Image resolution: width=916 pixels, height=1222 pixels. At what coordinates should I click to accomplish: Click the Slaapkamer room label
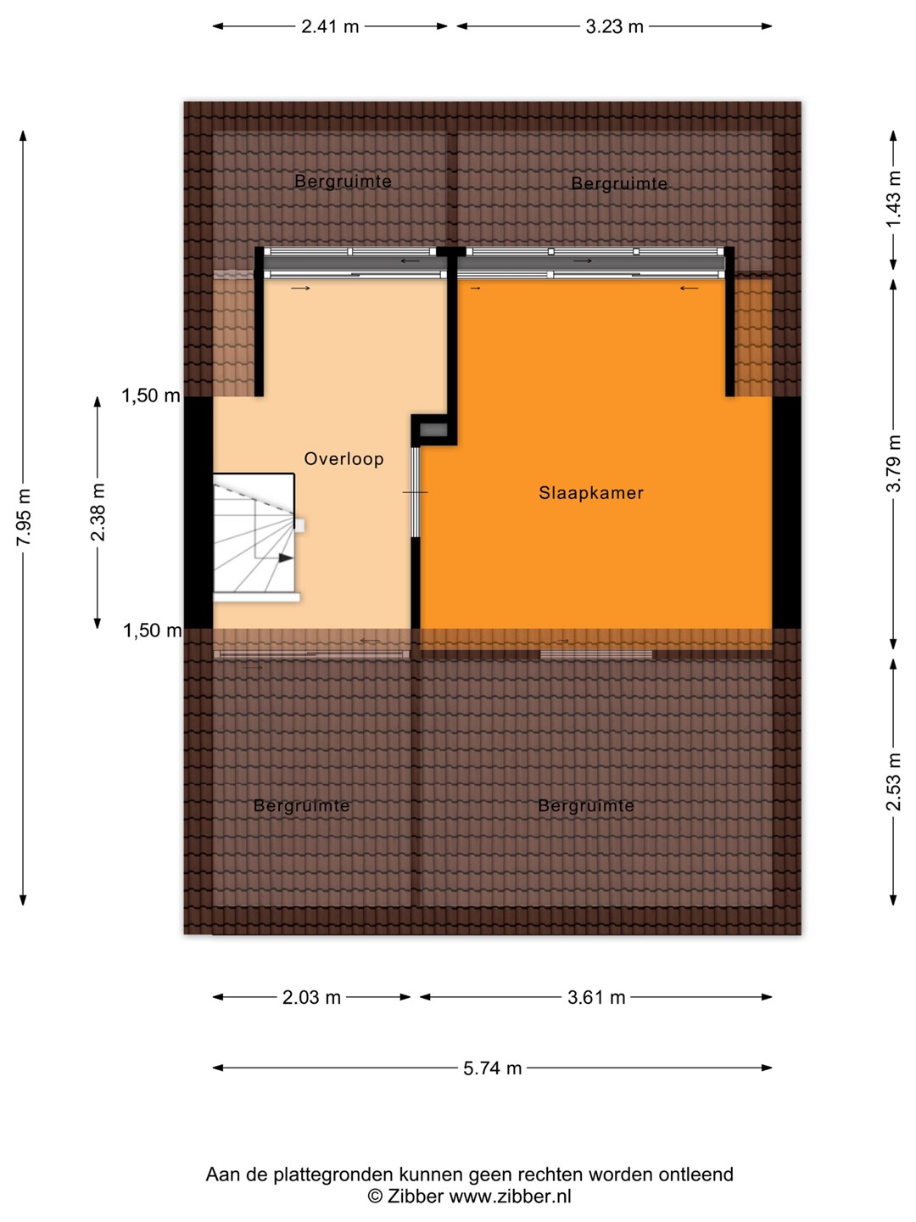coord(590,493)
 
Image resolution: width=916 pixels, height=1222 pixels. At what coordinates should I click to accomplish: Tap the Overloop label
coord(343,459)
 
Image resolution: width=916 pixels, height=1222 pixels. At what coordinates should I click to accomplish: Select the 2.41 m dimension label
coord(330,26)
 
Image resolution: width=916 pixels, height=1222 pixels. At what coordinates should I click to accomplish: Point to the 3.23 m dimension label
coord(614,26)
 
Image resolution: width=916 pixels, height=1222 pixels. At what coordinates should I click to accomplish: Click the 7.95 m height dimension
coord(24,517)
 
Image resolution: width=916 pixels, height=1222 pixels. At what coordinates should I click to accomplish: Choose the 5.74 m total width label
coord(492,1068)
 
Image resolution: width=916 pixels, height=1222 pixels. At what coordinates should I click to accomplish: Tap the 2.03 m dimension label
coord(311,997)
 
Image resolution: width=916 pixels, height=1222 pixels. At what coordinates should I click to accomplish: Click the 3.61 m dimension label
coord(596,997)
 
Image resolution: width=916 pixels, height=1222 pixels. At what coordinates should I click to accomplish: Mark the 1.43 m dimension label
coord(893,200)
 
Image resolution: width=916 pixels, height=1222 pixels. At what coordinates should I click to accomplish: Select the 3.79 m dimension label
coord(893,463)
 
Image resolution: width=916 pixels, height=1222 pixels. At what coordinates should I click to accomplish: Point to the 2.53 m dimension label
coord(893,782)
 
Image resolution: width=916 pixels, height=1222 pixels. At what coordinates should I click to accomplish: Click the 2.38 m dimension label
coord(98,513)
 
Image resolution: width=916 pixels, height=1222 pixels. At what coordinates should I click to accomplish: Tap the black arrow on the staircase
coord(285,558)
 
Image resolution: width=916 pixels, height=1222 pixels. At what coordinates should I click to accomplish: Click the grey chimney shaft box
coord(433,429)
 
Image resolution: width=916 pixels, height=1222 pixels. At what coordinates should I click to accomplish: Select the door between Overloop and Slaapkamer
coord(415,492)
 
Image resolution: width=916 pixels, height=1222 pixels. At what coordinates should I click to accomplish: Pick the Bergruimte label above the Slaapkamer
coord(619,183)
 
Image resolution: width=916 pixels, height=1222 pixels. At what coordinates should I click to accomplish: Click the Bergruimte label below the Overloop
coord(301,805)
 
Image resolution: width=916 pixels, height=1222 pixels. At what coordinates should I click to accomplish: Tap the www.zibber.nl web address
coord(510,1196)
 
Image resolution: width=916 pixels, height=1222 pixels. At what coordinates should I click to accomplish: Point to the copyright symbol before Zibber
coord(376,1196)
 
